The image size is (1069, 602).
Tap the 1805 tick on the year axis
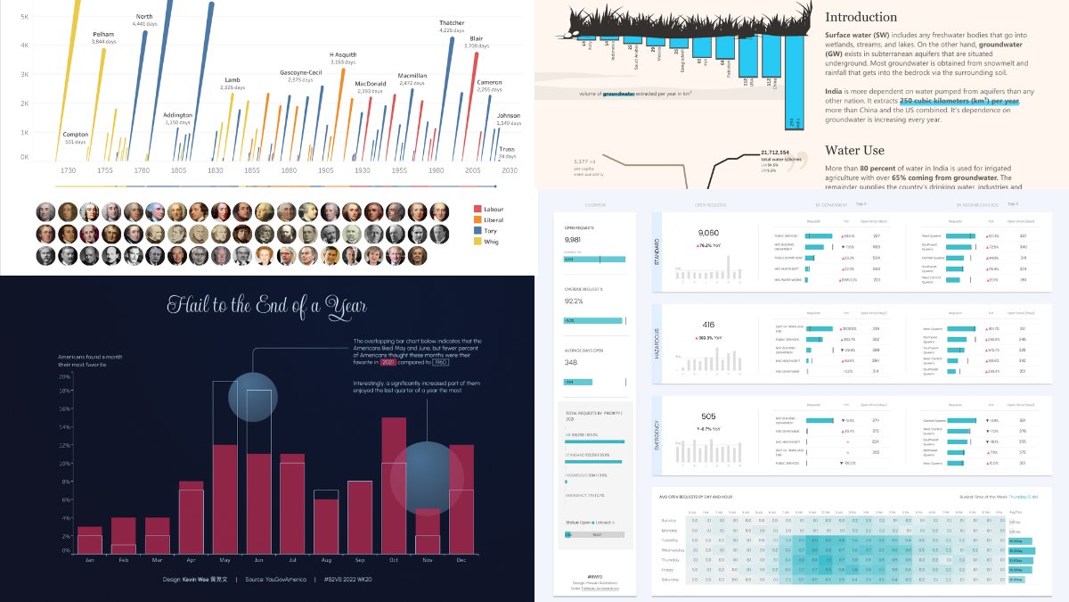coord(179,169)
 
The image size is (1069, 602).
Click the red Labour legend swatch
coord(478,209)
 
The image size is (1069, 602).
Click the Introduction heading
coord(861,17)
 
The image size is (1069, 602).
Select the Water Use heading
coord(853,151)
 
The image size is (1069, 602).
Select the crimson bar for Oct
coord(394,486)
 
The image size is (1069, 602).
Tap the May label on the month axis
coord(224,560)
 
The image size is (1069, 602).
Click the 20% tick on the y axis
coord(63,376)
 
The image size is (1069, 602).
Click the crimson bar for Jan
coord(89,540)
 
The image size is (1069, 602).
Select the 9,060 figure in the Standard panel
coord(715,234)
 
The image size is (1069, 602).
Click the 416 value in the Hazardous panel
coord(709,326)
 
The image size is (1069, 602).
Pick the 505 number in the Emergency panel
coord(709,416)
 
